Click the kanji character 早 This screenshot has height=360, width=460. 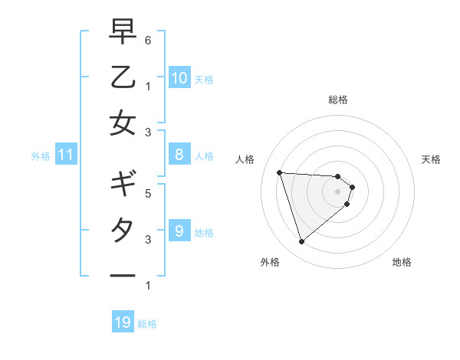(x=123, y=31)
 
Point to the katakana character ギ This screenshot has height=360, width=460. (x=123, y=185)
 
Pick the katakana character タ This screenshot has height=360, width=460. (x=123, y=230)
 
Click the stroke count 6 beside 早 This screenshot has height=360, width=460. (x=148, y=39)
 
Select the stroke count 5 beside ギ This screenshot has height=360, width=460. (x=148, y=194)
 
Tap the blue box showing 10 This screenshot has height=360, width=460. (x=179, y=77)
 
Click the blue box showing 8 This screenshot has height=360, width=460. (x=179, y=155)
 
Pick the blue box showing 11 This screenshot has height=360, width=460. (x=66, y=155)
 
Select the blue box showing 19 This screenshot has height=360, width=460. (x=123, y=322)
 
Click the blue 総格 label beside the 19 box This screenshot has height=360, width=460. (x=147, y=324)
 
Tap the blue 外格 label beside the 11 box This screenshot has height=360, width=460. (x=41, y=156)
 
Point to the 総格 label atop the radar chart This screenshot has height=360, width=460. (x=338, y=100)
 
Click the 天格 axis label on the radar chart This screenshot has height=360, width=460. (x=432, y=159)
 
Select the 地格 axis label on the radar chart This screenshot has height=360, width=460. (x=402, y=262)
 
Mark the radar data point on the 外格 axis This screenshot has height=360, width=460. (x=301, y=242)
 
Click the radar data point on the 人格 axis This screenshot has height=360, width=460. (x=280, y=172)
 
